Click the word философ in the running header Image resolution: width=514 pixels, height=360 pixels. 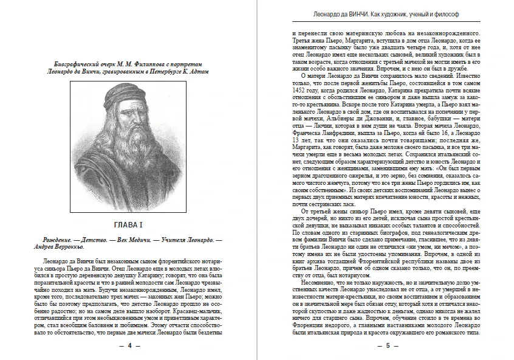coord(466,12)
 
